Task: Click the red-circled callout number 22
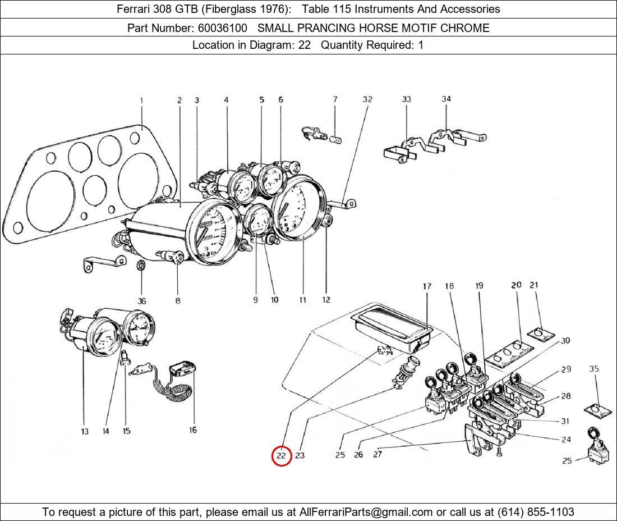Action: [x=281, y=456]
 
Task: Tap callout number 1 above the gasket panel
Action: [x=141, y=101]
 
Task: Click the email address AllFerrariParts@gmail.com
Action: [x=366, y=511]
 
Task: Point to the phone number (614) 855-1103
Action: [x=536, y=511]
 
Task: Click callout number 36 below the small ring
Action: [x=142, y=301]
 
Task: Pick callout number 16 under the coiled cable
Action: [x=192, y=430]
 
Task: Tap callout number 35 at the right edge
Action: [x=594, y=369]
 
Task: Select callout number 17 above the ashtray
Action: [x=427, y=286]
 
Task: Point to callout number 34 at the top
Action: [x=446, y=99]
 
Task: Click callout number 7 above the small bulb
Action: [x=335, y=100]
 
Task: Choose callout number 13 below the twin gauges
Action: [x=84, y=431]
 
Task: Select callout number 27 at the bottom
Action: [x=377, y=455]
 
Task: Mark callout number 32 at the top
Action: [x=367, y=100]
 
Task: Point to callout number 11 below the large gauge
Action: [x=302, y=300]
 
